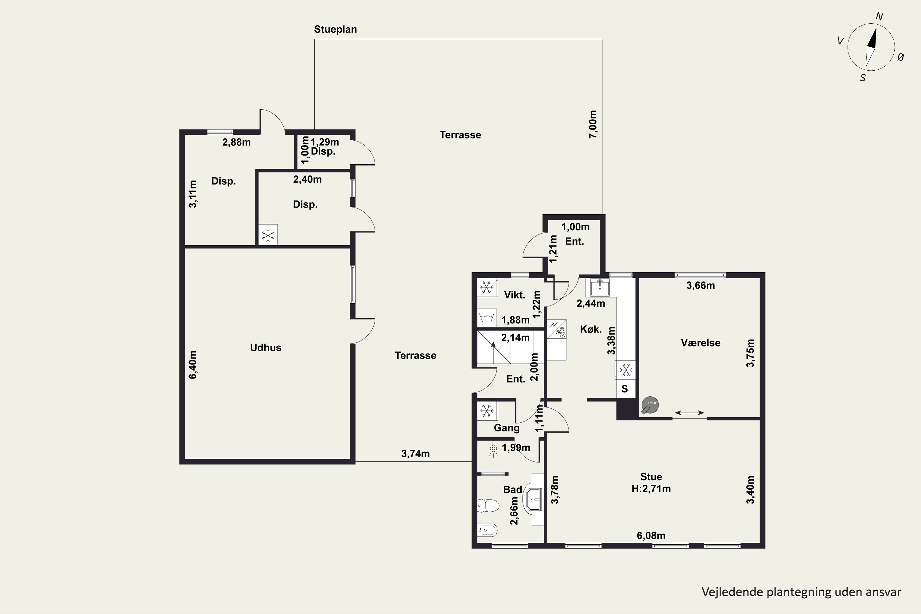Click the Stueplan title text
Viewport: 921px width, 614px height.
coord(335,29)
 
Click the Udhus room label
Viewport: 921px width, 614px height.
coord(266,348)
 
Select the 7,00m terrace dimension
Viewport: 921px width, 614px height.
coord(593,124)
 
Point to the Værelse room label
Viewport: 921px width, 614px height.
coord(701,343)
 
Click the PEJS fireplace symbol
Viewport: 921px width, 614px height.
coord(650,406)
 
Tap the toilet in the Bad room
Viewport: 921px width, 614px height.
coord(488,506)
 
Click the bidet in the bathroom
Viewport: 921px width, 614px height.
coord(487,530)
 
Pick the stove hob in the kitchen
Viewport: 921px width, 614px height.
coord(557,329)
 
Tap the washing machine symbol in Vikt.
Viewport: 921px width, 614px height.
coord(487,317)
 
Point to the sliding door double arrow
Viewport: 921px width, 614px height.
coord(689,412)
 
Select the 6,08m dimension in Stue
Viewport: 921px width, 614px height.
coord(651,535)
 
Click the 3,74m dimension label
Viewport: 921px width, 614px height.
coord(415,453)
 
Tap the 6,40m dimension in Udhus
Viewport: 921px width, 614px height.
coord(193,365)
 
